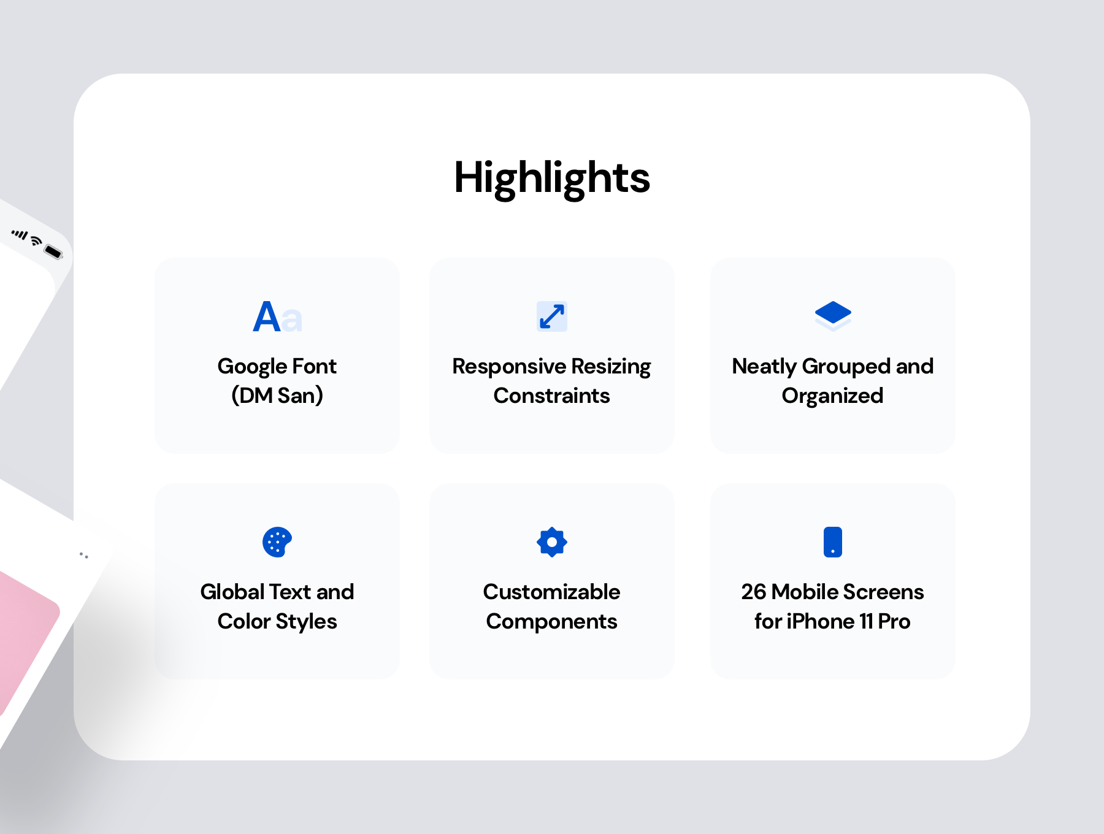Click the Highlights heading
click(x=552, y=178)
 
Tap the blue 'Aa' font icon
click(x=277, y=317)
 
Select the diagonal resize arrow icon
click(x=552, y=316)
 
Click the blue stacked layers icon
click(x=833, y=316)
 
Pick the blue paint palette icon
click(x=277, y=542)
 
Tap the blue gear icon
click(x=552, y=542)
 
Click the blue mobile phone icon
click(x=833, y=542)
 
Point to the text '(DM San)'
click(x=277, y=396)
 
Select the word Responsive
click(x=509, y=367)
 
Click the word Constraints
click(x=552, y=396)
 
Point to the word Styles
click(x=307, y=622)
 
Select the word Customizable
click(x=552, y=592)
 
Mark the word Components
click(x=552, y=622)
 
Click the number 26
click(x=754, y=592)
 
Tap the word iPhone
click(x=820, y=621)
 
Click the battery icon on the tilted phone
click(x=54, y=251)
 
